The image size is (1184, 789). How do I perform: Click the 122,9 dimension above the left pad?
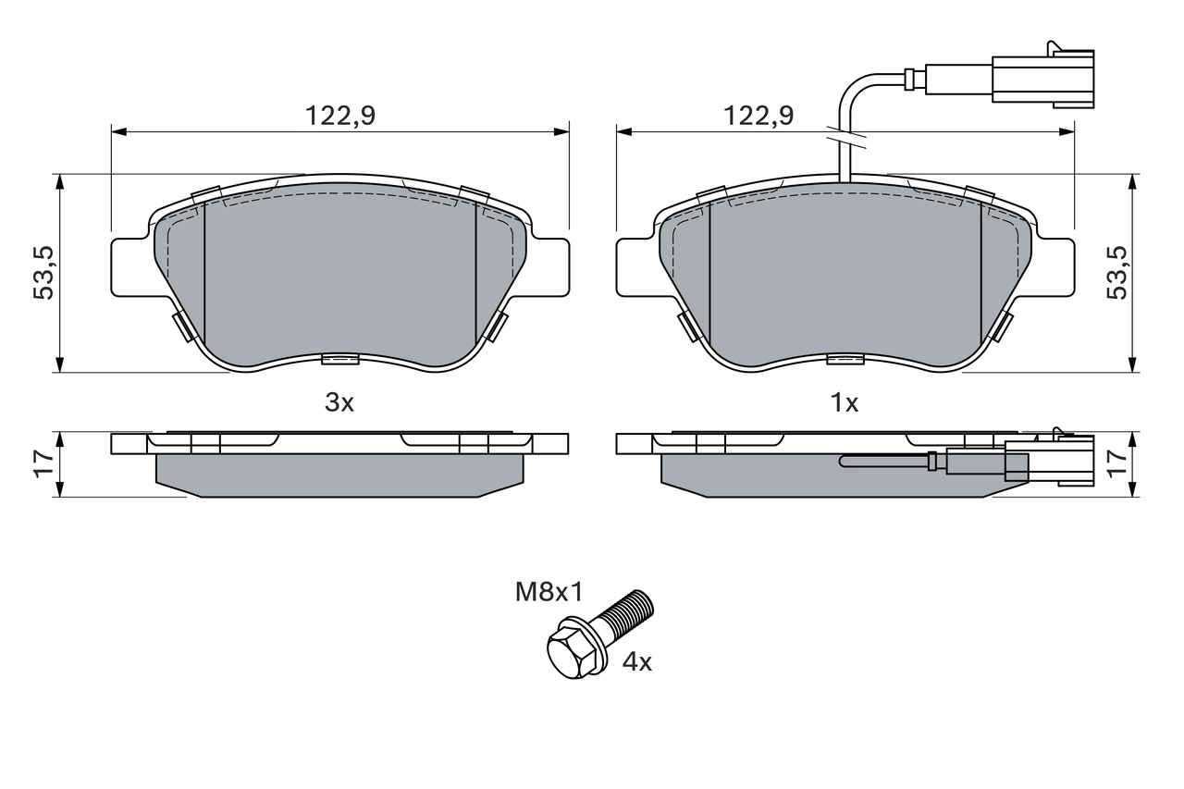340,117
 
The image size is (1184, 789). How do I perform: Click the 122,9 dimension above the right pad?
758,117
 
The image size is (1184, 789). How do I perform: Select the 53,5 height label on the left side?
43,273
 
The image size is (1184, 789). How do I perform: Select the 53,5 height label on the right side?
1117,273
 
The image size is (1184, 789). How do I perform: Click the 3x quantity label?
339,403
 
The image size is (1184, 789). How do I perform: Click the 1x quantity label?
845,403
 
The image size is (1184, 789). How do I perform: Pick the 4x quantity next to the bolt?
636,662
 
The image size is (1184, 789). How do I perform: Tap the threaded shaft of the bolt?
627,613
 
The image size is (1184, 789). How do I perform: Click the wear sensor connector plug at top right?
1042,77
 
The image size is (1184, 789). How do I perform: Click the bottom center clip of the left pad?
339,359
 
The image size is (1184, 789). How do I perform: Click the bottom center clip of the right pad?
845,359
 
